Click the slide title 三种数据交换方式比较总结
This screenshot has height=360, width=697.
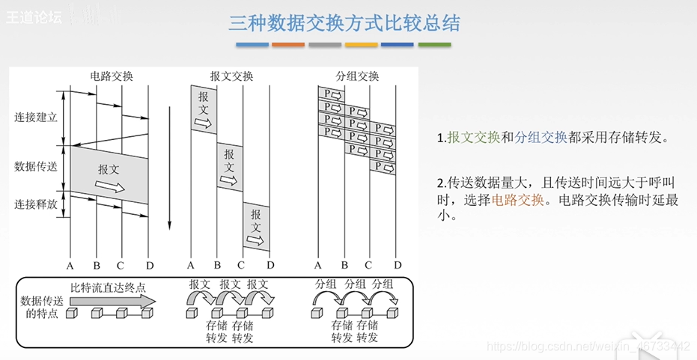[x=344, y=23]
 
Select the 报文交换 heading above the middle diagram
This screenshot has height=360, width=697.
[x=231, y=76]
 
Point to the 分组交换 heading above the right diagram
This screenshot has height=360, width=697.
[x=357, y=76]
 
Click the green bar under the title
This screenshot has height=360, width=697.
[x=434, y=45]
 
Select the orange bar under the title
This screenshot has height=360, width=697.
[x=288, y=45]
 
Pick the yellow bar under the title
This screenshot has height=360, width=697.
[x=362, y=45]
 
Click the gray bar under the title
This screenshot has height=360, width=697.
[x=325, y=45]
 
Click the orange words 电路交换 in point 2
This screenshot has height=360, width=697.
[x=517, y=201]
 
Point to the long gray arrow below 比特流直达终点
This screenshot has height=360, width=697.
[x=112, y=300]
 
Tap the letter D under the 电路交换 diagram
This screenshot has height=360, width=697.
[x=148, y=265]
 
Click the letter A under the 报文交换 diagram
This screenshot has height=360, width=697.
[x=190, y=265]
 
